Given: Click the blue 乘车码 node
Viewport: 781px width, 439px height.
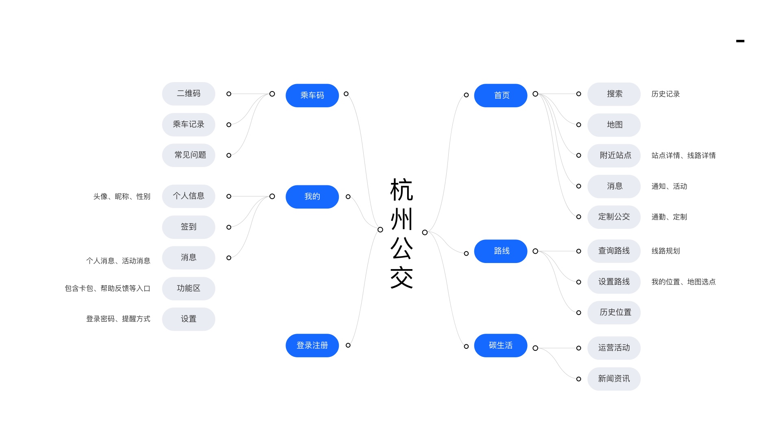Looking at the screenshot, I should (x=312, y=96).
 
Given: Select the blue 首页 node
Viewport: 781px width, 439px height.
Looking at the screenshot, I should (x=501, y=96).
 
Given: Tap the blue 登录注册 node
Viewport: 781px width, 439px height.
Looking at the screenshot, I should (x=312, y=346).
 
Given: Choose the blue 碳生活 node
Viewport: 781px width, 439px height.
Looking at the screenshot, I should (x=501, y=346).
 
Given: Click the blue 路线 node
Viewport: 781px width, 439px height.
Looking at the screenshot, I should (x=501, y=251).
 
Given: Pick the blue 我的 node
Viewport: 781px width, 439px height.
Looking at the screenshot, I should (x=312, y=197).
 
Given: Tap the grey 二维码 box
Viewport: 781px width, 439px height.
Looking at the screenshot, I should (x=188, y=94).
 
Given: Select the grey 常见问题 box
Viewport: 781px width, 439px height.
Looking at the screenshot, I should (x=188, y=155).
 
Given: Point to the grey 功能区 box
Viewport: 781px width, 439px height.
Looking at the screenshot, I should (x=188, y=289).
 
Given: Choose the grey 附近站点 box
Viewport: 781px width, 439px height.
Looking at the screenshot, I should (x=614, y=155).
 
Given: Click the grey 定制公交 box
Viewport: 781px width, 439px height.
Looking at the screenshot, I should (x=614, y=217).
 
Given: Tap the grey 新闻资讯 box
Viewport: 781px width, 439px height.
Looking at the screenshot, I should (x=614, y=379).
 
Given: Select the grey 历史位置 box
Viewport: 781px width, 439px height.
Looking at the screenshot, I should (x=614, y=313).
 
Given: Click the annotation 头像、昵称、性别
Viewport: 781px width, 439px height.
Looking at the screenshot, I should (x=122, y=197).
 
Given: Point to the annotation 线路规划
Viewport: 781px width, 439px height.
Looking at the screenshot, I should (x=665, y=251).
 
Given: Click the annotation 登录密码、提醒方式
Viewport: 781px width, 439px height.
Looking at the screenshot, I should (x=118, y=319).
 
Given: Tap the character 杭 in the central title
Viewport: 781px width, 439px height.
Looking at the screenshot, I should (x=401, y=190).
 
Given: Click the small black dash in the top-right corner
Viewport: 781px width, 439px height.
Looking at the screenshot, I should (x=740, y=41).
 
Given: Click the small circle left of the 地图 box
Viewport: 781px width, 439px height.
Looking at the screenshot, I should (x=578, y=125).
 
